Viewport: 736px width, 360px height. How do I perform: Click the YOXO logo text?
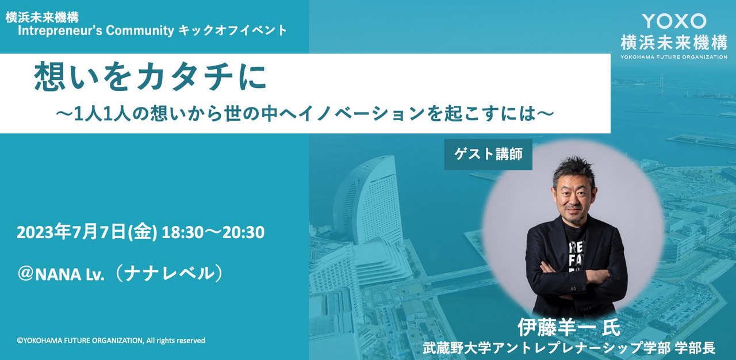[673, 21]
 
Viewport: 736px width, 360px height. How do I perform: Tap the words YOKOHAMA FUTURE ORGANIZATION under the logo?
[673, 57]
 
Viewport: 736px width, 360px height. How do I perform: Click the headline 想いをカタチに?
[150, 77]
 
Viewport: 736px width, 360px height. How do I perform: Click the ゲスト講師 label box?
[488, 154]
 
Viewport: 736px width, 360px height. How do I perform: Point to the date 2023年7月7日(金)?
[87, 232]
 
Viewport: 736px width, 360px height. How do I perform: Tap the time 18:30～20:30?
[213, 232]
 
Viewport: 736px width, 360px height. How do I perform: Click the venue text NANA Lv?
[70, 274]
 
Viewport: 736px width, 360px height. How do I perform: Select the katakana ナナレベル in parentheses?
[170, 274]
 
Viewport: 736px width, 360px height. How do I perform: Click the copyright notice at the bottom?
[111, 340]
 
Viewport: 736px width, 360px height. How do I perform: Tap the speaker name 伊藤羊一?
[558, 327]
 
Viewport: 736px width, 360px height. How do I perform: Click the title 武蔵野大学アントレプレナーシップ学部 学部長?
[569, 348]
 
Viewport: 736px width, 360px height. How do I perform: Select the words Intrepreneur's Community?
[96, 31]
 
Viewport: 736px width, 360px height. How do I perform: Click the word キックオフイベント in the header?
[233, 31]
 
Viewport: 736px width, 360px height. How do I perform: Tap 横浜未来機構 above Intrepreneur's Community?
[42, 17]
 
